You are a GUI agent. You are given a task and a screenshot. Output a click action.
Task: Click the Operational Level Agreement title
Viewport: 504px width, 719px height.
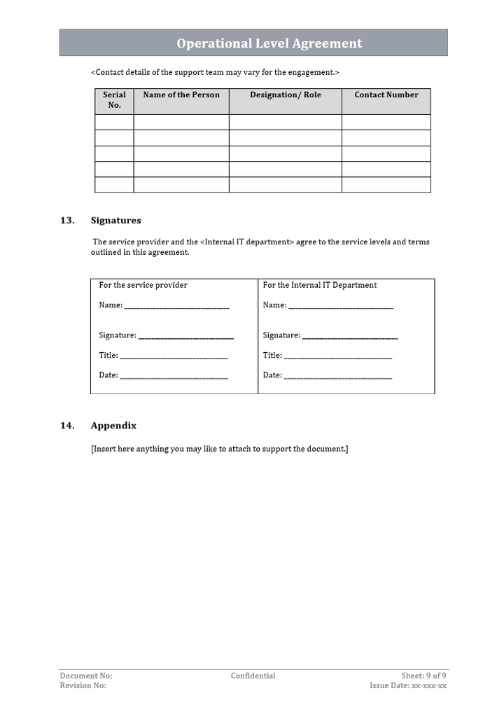pyautogui.click(x=269, y=43)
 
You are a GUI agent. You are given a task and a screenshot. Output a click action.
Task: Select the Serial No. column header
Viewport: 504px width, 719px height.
pyautogui.click(x=114, y=100)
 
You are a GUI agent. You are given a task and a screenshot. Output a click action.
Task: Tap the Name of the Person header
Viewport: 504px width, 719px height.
pyautogui.click(x=181, y=95)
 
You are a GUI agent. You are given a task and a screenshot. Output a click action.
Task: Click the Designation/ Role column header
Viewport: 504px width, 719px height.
pyautogui.click(x=286, y=95)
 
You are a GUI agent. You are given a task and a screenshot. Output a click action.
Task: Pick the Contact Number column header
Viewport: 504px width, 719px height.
pyautogui.click(x=386, y=95)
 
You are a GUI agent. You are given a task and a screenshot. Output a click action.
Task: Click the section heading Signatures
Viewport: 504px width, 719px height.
pyautogui.click(x=115, y=221)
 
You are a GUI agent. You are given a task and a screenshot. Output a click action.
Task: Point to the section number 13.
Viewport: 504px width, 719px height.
pyautogui.click(x=67, y=221)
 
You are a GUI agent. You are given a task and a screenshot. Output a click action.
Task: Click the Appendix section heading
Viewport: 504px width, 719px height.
pyautogui.click(x=113, y=426)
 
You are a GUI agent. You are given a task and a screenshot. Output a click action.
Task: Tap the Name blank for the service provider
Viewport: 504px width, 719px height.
pyautogui.click(x=176, y=307)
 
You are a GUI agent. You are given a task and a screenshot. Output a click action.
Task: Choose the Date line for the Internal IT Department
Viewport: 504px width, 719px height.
pyautogui.click(x=338, y=377)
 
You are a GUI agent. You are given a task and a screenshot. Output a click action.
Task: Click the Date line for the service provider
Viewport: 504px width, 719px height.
pyautogui.click(x=174, y=377)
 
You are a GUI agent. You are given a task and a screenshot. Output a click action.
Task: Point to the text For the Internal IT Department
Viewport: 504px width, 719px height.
pyautogui.click(x=320, y=285)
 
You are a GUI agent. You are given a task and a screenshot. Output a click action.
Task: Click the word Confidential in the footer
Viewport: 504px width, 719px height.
pyautogui.click(x=253, y=676)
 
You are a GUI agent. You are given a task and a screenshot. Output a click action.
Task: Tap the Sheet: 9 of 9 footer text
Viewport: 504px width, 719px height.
pyautogui.click(x=423, y=676)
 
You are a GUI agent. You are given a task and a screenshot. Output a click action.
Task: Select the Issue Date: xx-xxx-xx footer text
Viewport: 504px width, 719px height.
pyautogui.click(x=408, y=686)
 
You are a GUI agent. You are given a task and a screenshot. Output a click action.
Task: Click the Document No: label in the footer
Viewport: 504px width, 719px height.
pyautogui.click(x=86, y=676)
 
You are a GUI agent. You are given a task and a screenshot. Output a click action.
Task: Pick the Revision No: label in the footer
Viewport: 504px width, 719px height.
pyautogui.click(x=83, y=686)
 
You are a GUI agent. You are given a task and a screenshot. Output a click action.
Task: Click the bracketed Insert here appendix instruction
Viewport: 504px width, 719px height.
pyautogui.click(x=220, y=449)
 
